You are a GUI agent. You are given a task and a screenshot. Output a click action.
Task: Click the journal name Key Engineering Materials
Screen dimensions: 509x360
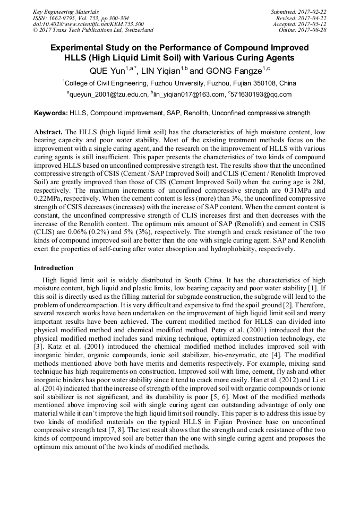coord(65,12)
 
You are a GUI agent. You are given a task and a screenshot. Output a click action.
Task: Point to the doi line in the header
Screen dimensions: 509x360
coord(88,24)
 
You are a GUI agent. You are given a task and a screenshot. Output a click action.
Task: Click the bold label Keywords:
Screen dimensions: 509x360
coord(51,113)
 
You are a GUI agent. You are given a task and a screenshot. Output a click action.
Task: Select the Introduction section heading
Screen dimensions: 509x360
coord(54,268)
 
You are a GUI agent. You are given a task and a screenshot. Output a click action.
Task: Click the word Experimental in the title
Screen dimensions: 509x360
coord(78,48)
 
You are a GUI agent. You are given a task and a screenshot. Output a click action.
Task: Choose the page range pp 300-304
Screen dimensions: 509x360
coord(109,18)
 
